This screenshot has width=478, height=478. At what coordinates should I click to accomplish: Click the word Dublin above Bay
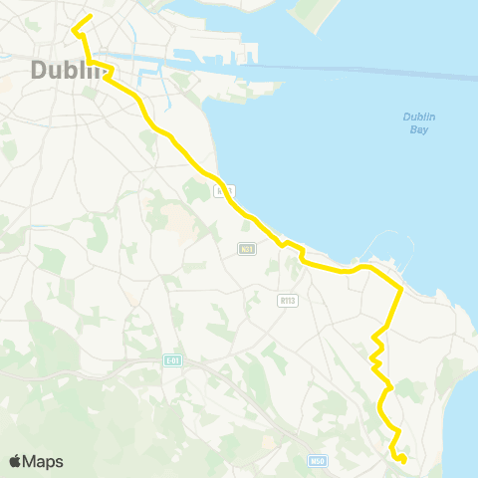[x=419, y=117]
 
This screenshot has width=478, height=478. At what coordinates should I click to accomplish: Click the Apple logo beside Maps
[x=16, y=461]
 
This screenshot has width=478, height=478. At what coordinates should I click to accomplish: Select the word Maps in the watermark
[x=43, y=461]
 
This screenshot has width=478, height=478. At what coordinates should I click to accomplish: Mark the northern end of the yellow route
[x=91, y=16]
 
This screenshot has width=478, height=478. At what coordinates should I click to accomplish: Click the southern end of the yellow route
[x=402, y=460]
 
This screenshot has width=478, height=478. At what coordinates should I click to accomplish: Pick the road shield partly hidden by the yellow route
[x=225, y=190]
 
